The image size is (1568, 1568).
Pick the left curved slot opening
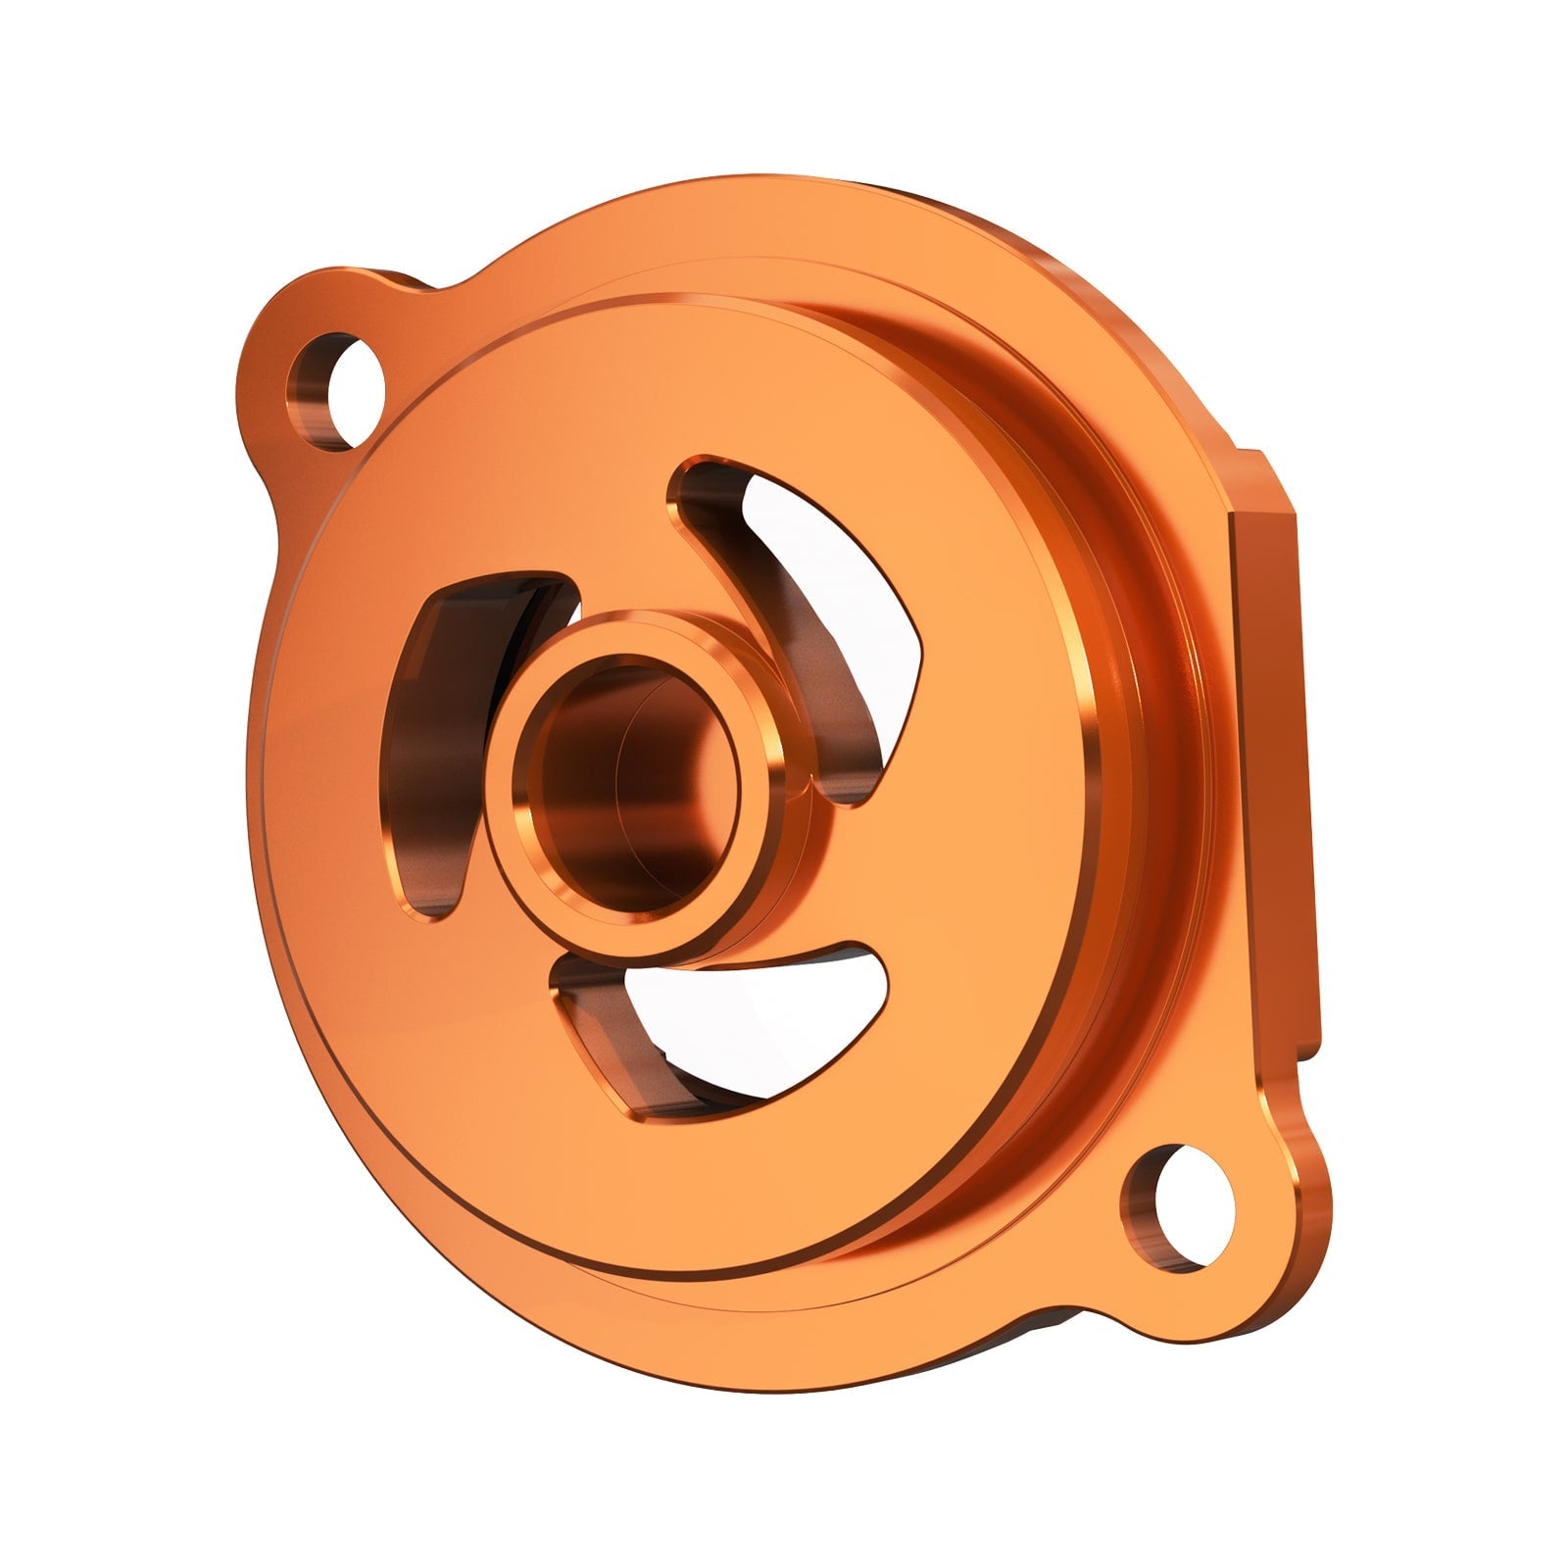coord(446,725)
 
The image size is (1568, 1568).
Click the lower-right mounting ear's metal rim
coord(1264,1264)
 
